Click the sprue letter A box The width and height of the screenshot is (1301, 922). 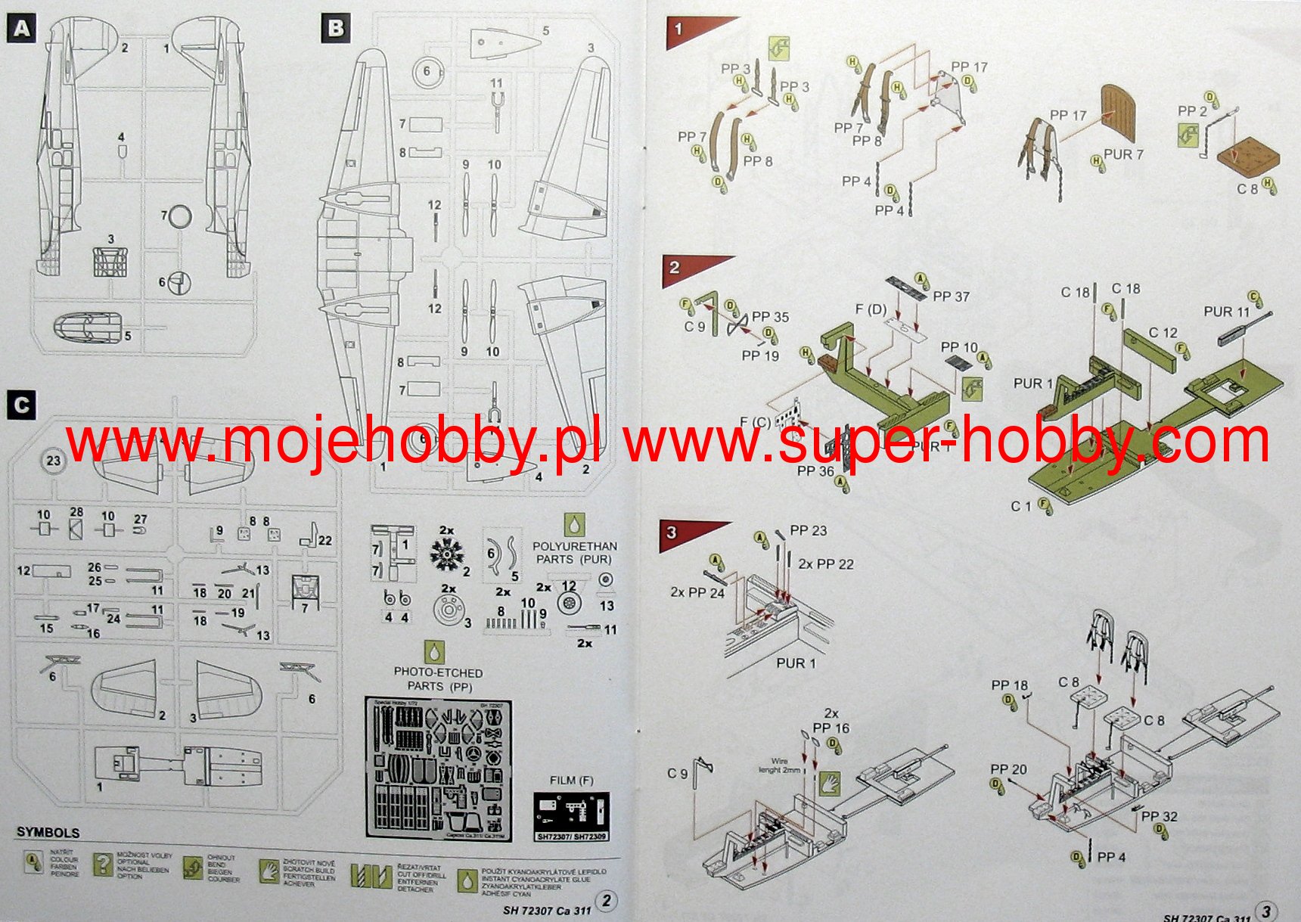(21, 29)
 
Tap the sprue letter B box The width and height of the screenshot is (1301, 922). (336, 29)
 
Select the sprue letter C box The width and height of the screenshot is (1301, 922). (21, 405)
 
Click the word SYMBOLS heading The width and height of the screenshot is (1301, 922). (48, 832)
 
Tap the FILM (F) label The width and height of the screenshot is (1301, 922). (571, 780)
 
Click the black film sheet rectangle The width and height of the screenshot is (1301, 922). (571, 816)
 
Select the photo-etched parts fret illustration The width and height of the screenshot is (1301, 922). (438, 768)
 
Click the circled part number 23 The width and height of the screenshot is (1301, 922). (53, 461)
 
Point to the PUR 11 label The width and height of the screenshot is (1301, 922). (1226, 312)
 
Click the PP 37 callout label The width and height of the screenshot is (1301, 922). (951, 297)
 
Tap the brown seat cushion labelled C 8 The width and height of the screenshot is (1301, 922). (1248, 157)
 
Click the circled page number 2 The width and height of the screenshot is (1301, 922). (606, 900)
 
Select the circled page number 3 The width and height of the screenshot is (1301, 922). (1267, 911)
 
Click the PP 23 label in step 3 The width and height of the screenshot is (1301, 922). (808, 531)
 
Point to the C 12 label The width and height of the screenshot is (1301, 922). (1163, 333)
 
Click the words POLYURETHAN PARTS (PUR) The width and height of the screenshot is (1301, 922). (574, 552)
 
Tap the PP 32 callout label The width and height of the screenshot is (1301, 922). (1159, 816)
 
